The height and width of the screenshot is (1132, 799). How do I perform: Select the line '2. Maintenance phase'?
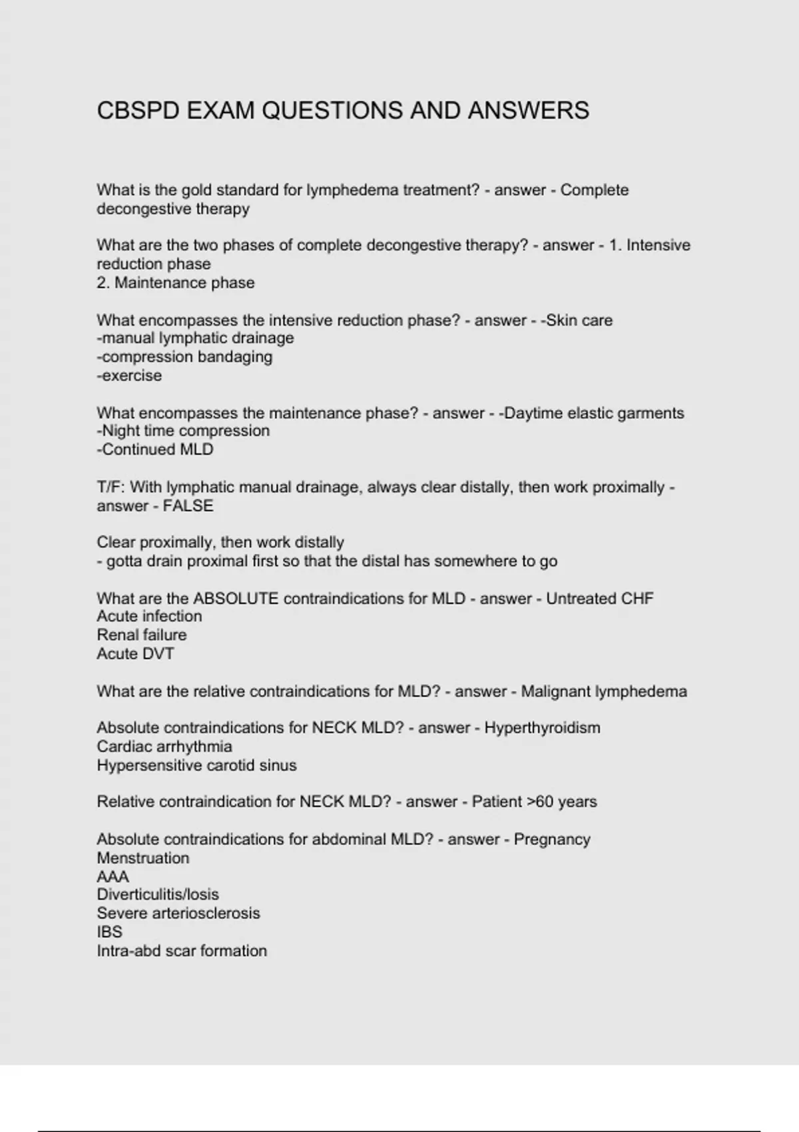176,283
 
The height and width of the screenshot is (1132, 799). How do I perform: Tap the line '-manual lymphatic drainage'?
195,338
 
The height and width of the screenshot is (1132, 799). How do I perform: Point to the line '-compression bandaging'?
184,357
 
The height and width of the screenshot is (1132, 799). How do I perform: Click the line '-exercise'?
129,376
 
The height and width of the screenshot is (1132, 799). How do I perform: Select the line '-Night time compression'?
183,431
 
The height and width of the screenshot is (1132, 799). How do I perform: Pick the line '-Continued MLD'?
155,449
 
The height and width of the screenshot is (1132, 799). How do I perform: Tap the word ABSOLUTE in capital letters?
236,599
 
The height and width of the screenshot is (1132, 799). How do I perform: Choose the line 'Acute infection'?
149,617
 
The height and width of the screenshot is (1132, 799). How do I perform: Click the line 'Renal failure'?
142,635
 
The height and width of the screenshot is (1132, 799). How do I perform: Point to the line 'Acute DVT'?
135,654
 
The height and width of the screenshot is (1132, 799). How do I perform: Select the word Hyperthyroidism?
542,728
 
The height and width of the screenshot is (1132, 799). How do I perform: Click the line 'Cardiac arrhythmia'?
164,746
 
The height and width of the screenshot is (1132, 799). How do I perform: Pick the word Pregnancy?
552,840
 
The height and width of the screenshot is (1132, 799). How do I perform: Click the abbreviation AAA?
113,877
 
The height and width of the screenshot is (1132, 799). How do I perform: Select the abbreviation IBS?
109,932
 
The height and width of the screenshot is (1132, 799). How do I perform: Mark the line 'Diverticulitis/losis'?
158,895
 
